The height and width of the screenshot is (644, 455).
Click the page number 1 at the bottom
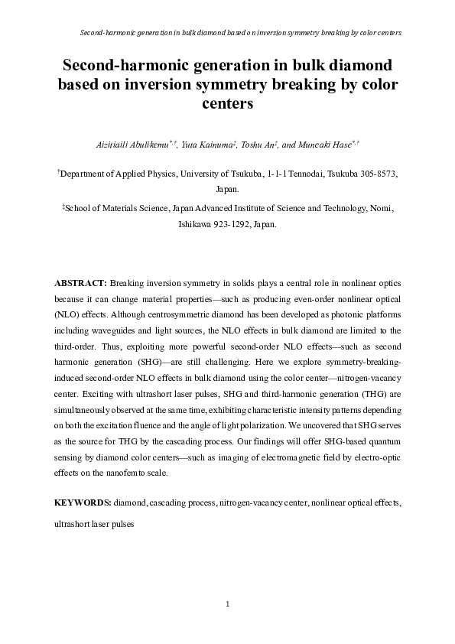click(227, 605)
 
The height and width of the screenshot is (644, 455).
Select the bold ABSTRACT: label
click(82, 283)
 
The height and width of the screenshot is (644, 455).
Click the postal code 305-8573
click(377, 174)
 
